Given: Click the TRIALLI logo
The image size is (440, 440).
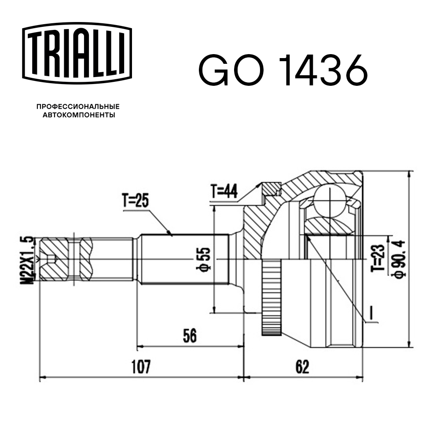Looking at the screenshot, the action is (x=77, y=53).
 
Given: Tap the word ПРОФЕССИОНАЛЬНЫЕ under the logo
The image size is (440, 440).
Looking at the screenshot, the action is (x=78, y=106).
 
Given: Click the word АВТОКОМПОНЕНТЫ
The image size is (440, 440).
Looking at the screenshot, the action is (x=79, y=115).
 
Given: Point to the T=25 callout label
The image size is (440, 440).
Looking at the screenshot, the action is (x=136, y=200).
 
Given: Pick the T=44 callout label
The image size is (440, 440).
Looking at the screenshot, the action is (x=224, y=191).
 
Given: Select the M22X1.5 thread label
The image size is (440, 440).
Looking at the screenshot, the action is (x=27, y=260).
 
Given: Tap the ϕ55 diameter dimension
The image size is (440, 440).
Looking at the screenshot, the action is (x=203, y=259).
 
